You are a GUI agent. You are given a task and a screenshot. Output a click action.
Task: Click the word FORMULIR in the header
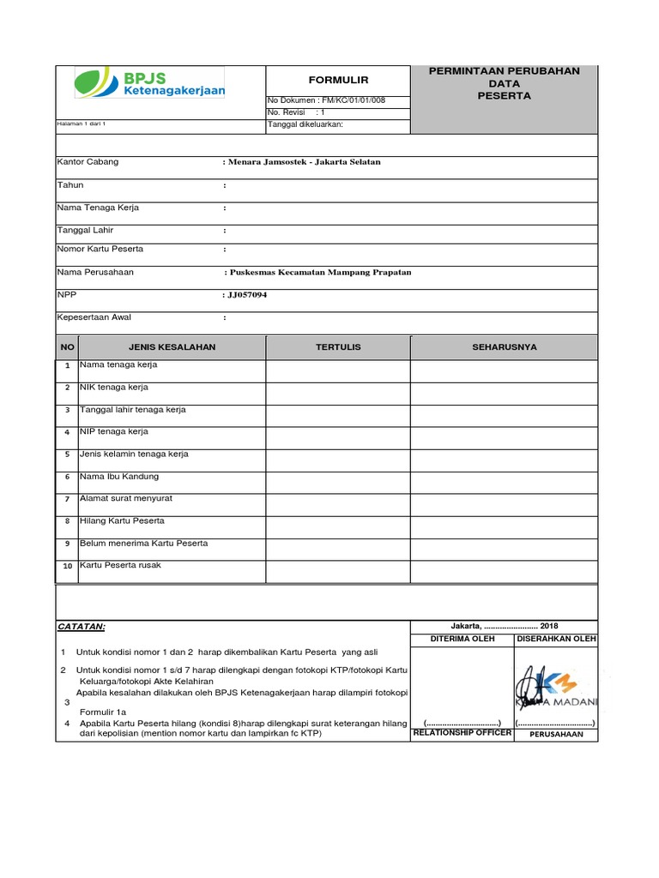338,80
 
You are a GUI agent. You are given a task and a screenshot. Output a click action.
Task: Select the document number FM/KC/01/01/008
353,100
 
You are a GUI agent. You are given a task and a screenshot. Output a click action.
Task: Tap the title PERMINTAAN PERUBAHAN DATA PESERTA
504,83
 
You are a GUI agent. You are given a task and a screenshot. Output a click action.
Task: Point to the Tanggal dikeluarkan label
305,124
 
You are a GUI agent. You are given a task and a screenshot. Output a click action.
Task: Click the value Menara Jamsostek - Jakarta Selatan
303,161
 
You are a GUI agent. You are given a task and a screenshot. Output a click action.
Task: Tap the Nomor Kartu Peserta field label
100,249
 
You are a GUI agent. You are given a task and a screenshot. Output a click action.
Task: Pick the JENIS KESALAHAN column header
172,347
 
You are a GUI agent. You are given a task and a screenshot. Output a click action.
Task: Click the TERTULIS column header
338,347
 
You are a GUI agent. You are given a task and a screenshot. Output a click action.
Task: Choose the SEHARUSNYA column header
504,347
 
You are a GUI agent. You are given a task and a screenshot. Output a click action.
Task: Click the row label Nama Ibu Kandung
118,476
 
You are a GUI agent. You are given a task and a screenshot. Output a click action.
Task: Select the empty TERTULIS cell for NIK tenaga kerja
338,394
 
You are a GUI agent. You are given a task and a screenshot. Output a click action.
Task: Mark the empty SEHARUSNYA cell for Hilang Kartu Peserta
504,526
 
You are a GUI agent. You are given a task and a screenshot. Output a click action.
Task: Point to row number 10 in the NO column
67,567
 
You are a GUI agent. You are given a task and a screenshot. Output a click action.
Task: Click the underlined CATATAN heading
81,627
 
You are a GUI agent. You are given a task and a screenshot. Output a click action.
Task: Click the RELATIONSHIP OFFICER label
462,733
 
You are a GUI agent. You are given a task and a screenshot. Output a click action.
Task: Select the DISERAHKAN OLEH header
556,639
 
